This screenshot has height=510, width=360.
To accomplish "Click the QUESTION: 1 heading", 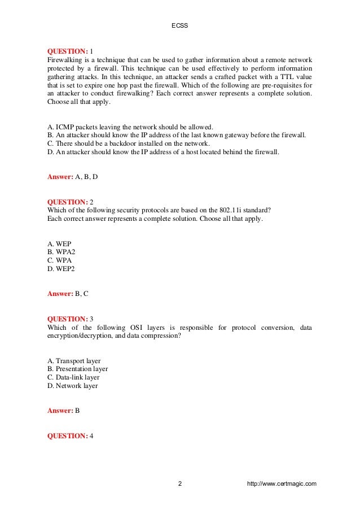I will pyautogui.click(x=71, y=50).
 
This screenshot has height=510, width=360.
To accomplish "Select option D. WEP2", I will pyautogui.click(x=60, y=269).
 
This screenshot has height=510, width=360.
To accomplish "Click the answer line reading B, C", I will pyautogui.click(x=68, y=294).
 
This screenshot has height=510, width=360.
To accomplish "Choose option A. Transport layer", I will pyautogui.click(x=74, y=361).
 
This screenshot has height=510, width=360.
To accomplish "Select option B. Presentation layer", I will pyautogui.click(x=77, y=369).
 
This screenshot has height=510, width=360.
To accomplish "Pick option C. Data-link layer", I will pyautogui.click(x=73, y=377).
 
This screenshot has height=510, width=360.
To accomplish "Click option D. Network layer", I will pyautogui.click(x=72, y=386).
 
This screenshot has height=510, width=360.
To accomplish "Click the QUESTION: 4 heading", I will pyautogui.click(x=71, y=436).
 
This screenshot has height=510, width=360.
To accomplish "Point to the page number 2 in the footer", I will pyautogui.click(x=179, y=484).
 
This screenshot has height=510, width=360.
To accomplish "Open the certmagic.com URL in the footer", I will pyautogui.click(x=282, y=484).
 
